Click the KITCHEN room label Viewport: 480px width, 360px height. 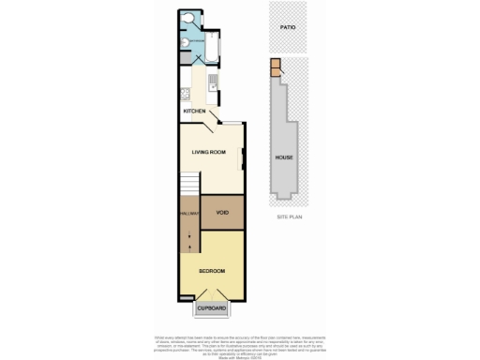pos(194,112)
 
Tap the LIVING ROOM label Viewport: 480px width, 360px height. pos(208,152)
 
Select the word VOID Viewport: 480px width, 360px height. pos(222,213)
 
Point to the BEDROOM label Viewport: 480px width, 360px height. pos(210,272)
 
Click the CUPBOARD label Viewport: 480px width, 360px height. pos(210,308)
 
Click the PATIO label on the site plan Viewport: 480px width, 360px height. pos(288,27)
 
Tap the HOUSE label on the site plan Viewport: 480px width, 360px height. pos(283,157)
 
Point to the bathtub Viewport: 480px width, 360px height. pos(211,46)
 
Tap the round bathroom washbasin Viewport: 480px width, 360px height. pos(187,41)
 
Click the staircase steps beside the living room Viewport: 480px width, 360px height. pos(190,185)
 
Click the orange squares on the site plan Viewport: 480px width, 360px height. pos(276,67)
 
